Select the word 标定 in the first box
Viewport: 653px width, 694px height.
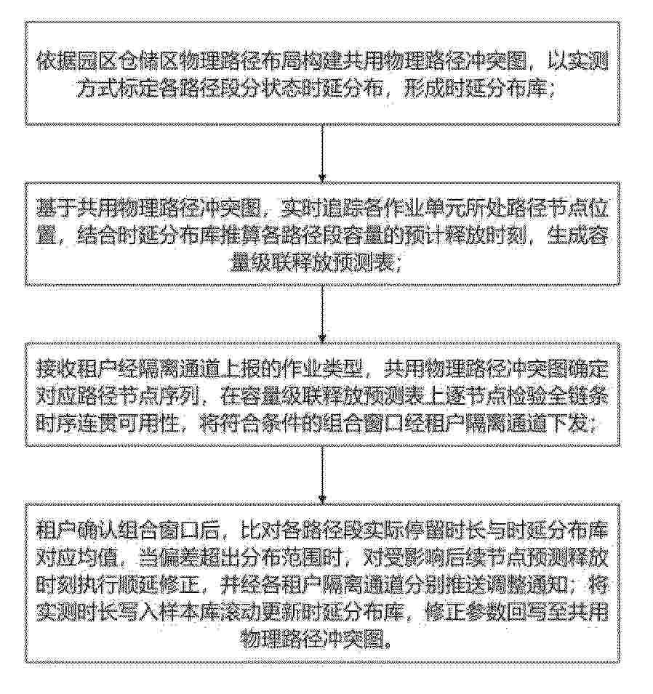coord(137,90)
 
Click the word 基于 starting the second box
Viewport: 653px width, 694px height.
coord(56,209)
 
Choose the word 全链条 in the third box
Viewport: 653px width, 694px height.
coord(577,397)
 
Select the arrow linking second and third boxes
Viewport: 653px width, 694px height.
coord(323,314)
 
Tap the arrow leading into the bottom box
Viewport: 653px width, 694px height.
coord(323,475)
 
